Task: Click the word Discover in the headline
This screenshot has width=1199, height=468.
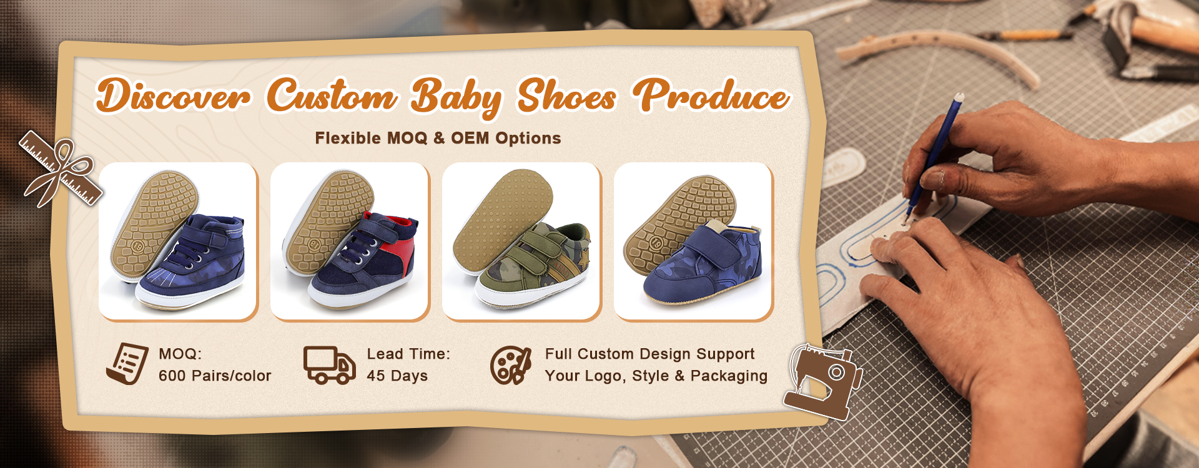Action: tap(173, 96)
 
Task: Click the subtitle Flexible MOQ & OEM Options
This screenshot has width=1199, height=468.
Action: tap(438, 138)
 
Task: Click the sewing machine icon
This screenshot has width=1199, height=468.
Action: tap(823, 381)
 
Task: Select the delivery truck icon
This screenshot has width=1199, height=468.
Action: tap(329, 364)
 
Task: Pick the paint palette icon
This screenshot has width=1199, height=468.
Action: tap(511, 365)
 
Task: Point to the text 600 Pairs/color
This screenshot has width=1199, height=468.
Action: tap(215, 376)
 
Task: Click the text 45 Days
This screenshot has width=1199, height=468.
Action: tap(397, 376)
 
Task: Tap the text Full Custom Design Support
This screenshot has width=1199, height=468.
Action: tap(649, 354)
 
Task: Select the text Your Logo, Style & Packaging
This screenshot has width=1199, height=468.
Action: tap(656, 376)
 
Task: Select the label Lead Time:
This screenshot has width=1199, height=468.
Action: tap(408, 354)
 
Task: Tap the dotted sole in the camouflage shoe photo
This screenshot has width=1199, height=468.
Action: tap(503, 222)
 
